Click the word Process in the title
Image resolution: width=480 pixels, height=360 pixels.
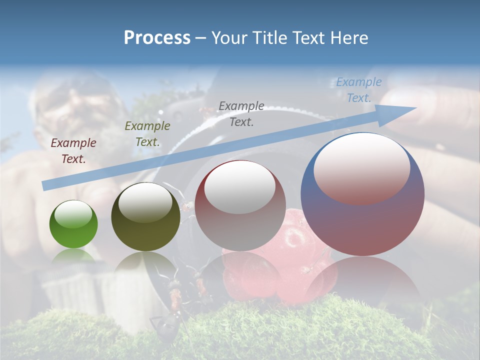(157, 38)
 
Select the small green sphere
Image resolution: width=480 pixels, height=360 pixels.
(73, 224)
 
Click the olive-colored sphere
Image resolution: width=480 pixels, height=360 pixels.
(145, 217)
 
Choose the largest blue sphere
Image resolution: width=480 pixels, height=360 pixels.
(362, 194)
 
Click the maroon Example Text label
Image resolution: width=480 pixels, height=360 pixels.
(73, 151)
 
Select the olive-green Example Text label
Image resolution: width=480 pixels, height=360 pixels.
(147, 134)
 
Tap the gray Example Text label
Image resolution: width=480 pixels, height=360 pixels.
(241, 114)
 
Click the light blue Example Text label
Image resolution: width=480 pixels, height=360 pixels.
(359, 90)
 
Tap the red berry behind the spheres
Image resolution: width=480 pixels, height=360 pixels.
(295, 235)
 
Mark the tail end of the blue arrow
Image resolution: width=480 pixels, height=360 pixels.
(44, 185)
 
